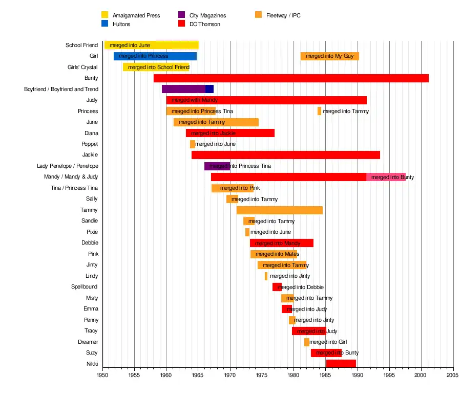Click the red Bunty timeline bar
pos(291,78)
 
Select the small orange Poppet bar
pos(193,144)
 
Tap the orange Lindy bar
pos(266,276)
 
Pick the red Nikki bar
pos(341,364)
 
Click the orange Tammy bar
pos(280,210)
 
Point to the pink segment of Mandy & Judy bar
pos(386,177)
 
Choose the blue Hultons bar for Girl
pos(155,56)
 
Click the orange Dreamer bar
pos(307,342)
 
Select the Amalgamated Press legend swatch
pos(104,15)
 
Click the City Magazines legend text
pos(207,15)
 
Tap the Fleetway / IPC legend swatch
pos(258,15)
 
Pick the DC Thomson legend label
pos(205,24)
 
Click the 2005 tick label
pos(453,375)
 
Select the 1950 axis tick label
pos(103,375)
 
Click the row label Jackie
pos(90,155)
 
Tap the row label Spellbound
pos(85,287)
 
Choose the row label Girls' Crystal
pos(82,67)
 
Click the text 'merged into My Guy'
pos(329,56)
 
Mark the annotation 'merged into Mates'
pos(277,254)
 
